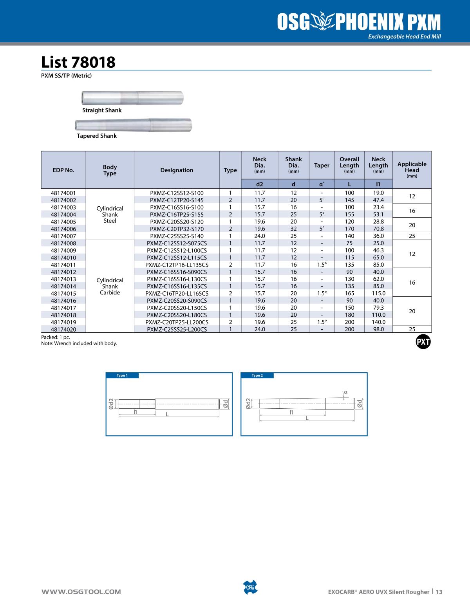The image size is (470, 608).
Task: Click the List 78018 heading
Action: [78, 62]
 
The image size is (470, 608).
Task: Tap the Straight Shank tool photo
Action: [132, 97]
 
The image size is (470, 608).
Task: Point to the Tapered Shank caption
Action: [97, 136]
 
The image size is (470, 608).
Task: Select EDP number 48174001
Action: [63, 193]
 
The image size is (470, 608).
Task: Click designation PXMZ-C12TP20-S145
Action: [177, 200]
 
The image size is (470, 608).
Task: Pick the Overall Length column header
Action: [349, 165]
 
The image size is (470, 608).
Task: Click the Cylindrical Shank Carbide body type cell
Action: [110, 286]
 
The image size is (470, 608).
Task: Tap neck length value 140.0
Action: [378, 322]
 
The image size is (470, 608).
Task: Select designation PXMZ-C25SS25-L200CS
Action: [177, 329]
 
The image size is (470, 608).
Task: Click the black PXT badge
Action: [423, 342]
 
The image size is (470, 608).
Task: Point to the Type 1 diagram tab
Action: [122, 375]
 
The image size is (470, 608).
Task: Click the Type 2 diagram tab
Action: [257, 375]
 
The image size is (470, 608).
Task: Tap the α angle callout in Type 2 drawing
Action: [346, 392]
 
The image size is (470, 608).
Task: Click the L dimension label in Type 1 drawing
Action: [167, 414]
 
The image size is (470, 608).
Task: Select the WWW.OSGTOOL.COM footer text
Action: [81, 592]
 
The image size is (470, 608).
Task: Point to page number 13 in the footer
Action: [439, 592]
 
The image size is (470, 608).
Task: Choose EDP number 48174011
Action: [63, 265]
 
